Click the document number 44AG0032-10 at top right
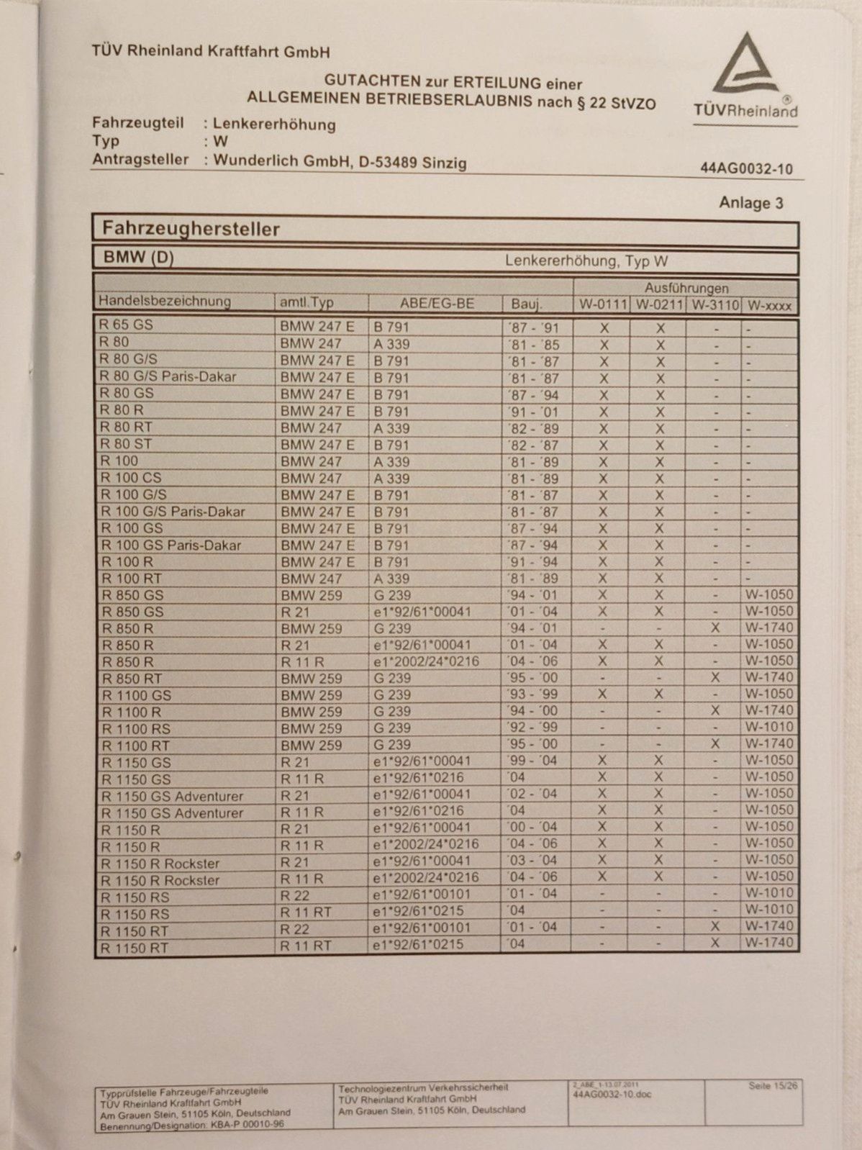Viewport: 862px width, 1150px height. click(746, 169)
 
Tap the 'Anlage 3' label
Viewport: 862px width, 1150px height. click(750, 204)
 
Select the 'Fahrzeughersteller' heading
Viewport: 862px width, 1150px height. click(191, 230)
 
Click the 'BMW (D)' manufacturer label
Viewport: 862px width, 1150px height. click(138, 258)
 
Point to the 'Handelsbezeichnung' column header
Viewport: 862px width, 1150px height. click(165, 302)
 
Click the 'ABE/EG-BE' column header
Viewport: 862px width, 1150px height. click(437, 304)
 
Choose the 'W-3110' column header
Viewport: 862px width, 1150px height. click(714, 305)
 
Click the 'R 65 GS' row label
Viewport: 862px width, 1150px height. click(126, 325)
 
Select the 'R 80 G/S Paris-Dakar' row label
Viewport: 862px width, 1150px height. click(168, 376)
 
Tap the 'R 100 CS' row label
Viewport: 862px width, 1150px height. click(131, 478)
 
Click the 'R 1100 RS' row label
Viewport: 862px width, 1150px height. click(136, 729)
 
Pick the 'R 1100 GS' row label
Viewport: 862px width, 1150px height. click(137, 695)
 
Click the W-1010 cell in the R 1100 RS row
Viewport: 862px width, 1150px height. click(768, 727)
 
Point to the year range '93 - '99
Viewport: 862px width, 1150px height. click(532, 694)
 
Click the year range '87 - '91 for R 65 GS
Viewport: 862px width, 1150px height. click(533, 327)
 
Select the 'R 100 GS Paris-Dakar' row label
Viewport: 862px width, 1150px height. click(171, 545)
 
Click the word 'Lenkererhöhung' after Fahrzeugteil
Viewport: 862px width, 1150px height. click(274, 124)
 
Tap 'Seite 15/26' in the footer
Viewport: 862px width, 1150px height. click(773, 1086)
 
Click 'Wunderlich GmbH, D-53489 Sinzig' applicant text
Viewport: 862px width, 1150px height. click(340, 161)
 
